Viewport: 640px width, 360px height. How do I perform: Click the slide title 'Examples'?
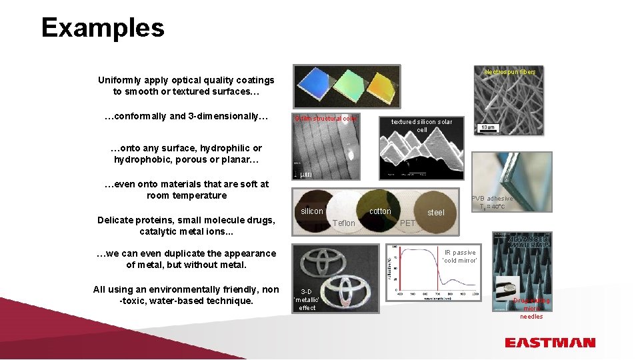103,28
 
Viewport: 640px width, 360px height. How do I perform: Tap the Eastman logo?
549,343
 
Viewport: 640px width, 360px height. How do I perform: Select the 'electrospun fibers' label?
509,71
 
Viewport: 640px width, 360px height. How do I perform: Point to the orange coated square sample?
379,87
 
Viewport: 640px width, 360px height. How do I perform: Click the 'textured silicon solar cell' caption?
421,125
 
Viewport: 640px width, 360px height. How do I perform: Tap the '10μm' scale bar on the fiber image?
488,127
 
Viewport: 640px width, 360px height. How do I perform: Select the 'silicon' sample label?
312,211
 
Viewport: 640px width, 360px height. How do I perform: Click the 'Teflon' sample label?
344,223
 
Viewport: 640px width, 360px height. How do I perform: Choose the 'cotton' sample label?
380,211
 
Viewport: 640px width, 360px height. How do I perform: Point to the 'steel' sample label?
435,213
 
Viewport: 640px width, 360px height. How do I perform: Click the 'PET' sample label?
407,223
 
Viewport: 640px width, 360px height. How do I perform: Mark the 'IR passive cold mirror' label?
460,257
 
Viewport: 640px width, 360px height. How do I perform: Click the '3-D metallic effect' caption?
307,300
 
